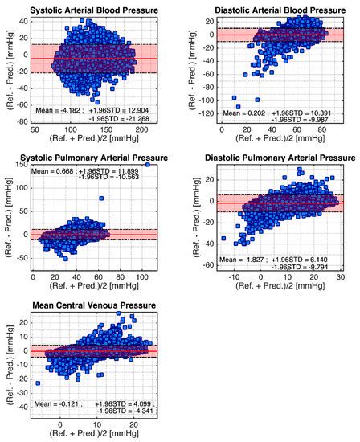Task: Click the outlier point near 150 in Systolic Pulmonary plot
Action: coord(148,164)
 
